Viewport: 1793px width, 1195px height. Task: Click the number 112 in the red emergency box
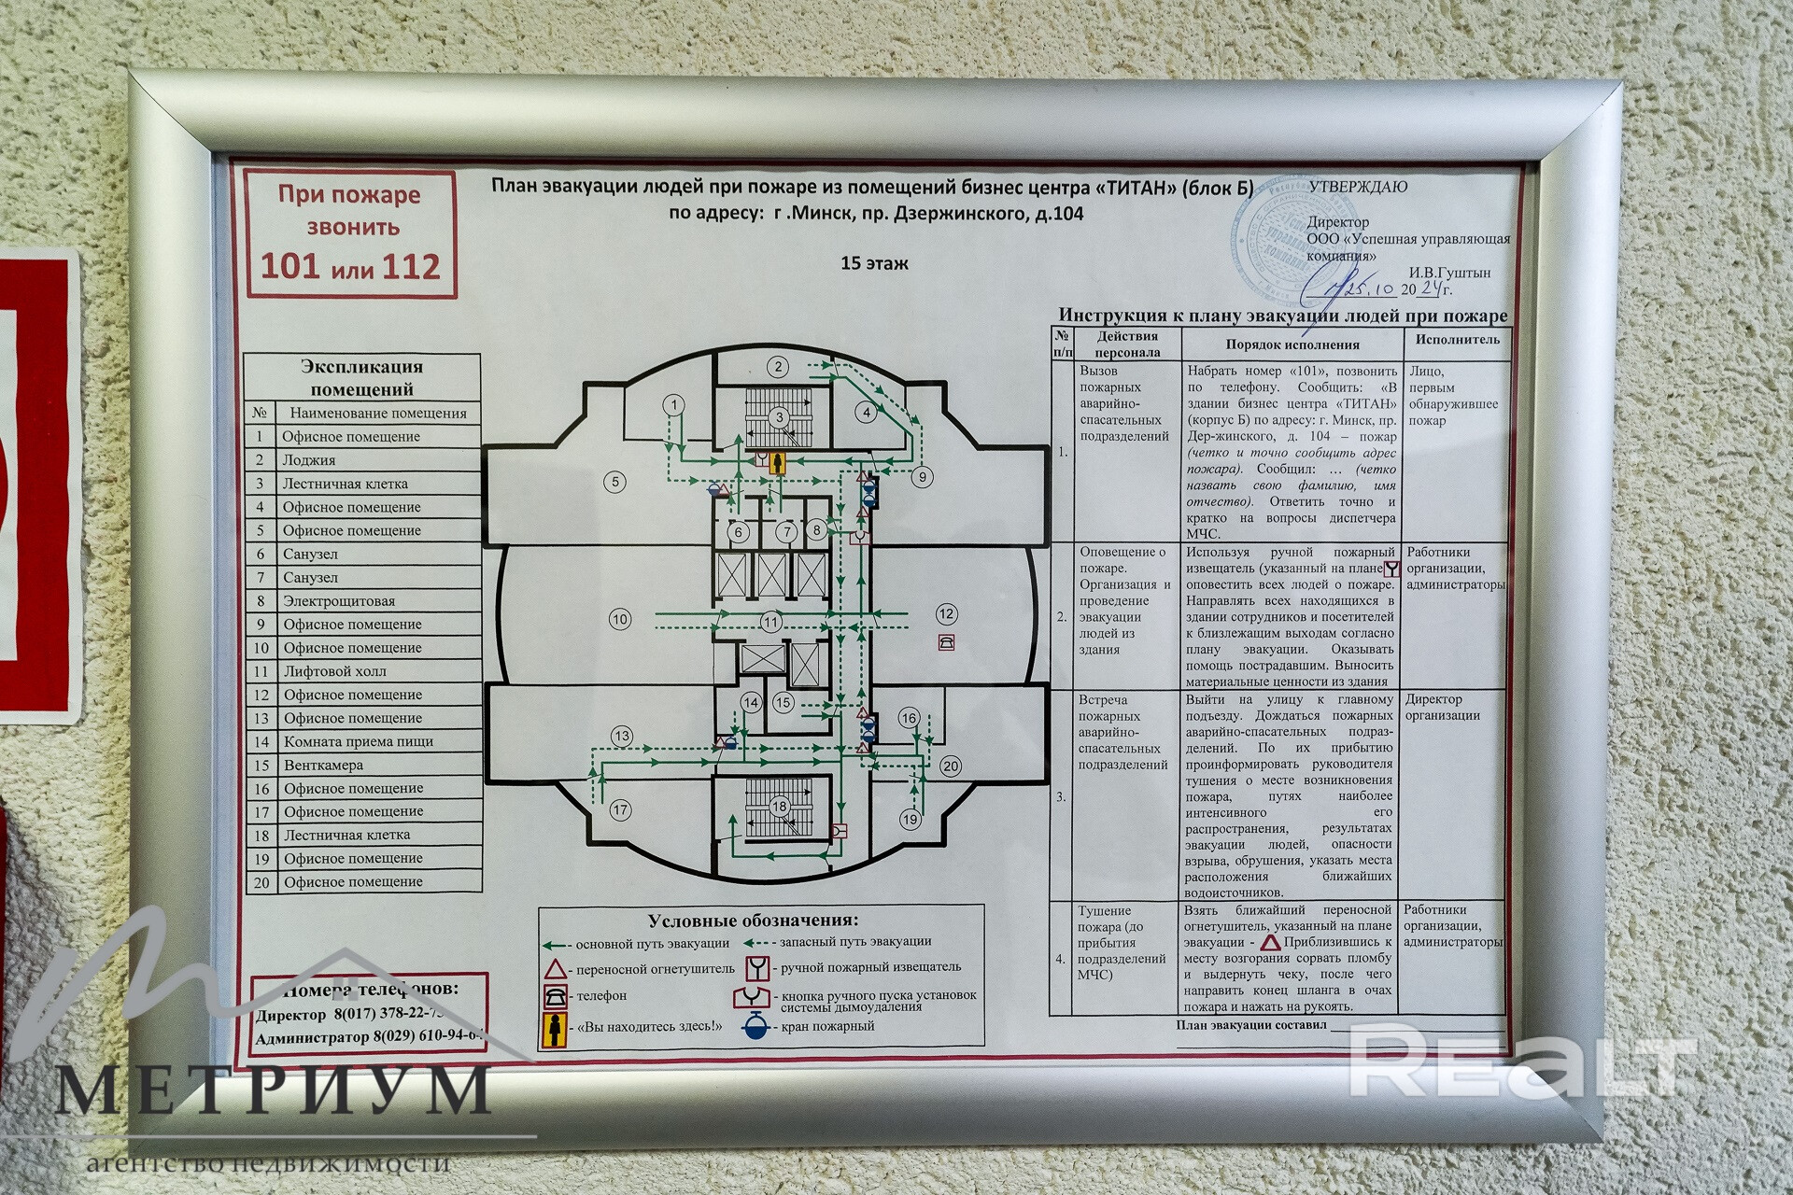pyautogui.click(x=403, y=267)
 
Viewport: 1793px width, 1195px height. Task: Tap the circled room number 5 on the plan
pyautogui.click(x=614, y=482)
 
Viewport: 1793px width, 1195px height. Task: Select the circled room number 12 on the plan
pyautogui.click(x=946, y=613)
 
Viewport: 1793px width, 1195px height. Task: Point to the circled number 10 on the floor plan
pyautogui.click(x=620, y=618)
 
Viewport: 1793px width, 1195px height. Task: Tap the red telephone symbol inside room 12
pyautogui.click(x=947, y=641)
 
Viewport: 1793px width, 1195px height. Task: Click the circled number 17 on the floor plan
pyautogui.click(x=620, y=809)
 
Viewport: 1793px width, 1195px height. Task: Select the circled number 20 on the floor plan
pyautogui.click(x=950, y=766)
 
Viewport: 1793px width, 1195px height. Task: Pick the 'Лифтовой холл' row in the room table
pyautogui.click(x=334, y=671)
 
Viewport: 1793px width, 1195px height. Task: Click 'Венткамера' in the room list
pyautogui.click(x=323, y=765)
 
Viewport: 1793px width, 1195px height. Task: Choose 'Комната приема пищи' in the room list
pyautogui.click(x=358, y=741)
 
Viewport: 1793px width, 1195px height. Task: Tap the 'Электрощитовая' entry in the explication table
pyautogui.click(x=339, y=601)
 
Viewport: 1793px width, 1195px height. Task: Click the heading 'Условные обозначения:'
pyautogui.click(x=753, y=921)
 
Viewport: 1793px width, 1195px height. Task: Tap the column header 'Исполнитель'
pyautogui.click(x=1457, y=340)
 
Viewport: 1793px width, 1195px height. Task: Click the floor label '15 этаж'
pyautogui.click(x=874, y=263)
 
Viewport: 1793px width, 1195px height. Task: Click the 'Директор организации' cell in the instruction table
pyautogui.click(x=1442, y=707)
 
